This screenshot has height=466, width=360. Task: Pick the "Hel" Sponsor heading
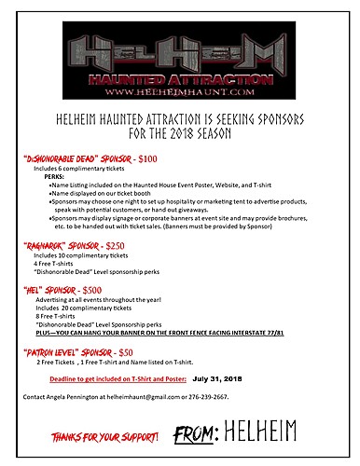click(x=52, y=290)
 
